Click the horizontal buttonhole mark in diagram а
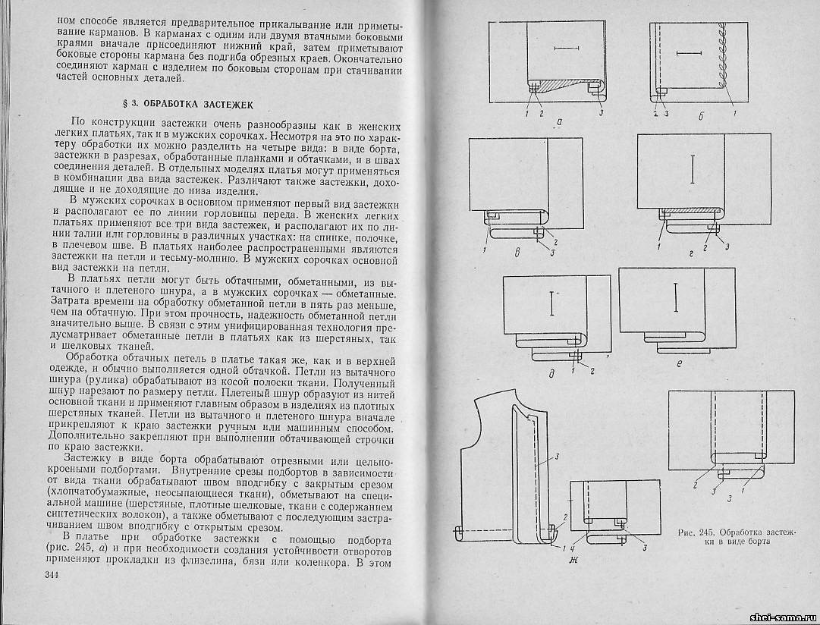[x=565, y=49]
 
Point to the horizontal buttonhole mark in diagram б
[x=689, y=53]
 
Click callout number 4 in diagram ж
[x=573, y=548]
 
